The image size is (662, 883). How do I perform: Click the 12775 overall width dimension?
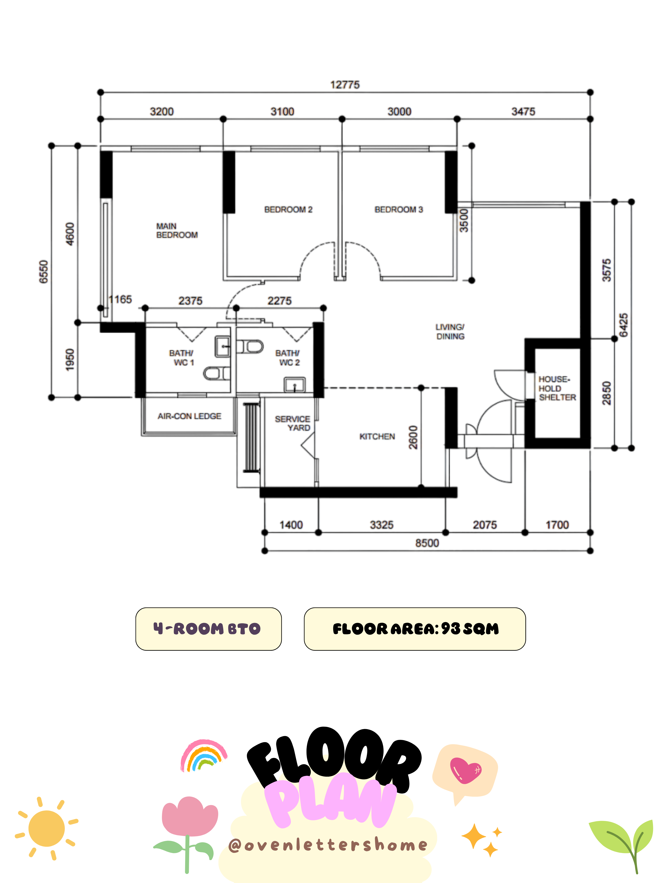345,85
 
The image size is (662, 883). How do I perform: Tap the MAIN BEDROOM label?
177,230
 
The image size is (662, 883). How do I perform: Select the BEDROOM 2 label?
288,209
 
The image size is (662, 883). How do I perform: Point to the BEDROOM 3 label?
398,209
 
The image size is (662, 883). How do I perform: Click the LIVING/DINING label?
450,331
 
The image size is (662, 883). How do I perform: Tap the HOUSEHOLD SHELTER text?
557,388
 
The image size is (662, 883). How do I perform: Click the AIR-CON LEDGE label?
189,416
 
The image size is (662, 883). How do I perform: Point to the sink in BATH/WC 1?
223,346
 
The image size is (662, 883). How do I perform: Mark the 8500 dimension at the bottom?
427,543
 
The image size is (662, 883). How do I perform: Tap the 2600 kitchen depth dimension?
413,437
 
